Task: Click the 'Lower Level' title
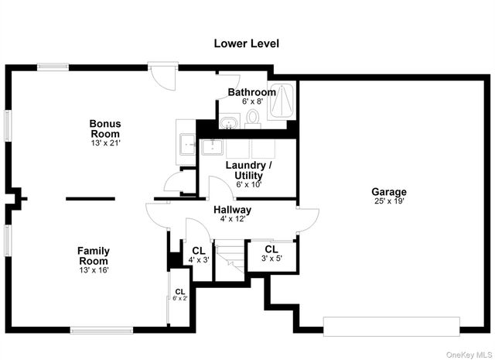click(246, 43)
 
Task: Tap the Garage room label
click(389, 191)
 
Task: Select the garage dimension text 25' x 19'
click(389, 201)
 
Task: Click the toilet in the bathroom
click(253, 119)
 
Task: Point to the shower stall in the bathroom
click(282, 101)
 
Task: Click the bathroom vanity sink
click(230, 122)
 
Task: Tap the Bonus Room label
click(105, 129)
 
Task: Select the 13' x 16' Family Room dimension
click(94, 270)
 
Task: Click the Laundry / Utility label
click(248, 170)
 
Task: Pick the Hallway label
click(233, 210)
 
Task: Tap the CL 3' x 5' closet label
click(271, 253)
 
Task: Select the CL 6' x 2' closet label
click(180, 294)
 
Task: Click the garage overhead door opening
click(391, 327)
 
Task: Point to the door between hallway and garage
click(308, 221)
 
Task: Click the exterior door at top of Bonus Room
click(163, 76)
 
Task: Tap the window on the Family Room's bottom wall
click(101, 331)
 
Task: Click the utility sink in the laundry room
click(212, 147)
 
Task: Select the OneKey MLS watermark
click(469, 355)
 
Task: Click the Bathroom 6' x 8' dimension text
click(252, 101)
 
